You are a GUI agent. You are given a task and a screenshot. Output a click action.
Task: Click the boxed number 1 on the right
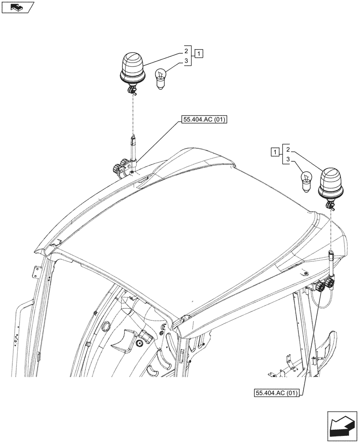tap(276, 153)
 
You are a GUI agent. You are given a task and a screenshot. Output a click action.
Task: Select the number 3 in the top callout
tap(187, 61)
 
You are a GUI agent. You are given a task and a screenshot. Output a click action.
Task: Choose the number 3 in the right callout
tap(288, 159)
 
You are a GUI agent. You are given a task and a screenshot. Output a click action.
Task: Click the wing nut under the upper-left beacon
tap(131, 91)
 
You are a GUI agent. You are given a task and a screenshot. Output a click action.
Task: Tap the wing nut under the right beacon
tap(330, 205)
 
